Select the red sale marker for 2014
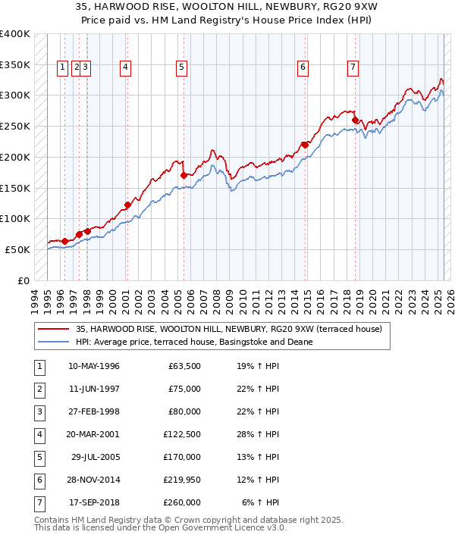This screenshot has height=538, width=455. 305,145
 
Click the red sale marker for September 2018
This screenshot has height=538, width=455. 354,120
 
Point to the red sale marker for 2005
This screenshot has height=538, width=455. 184,175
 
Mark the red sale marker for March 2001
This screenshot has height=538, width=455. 127,205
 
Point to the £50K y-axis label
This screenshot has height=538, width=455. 17,249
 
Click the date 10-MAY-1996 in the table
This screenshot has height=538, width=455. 94,367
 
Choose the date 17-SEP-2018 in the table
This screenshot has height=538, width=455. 94,503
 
